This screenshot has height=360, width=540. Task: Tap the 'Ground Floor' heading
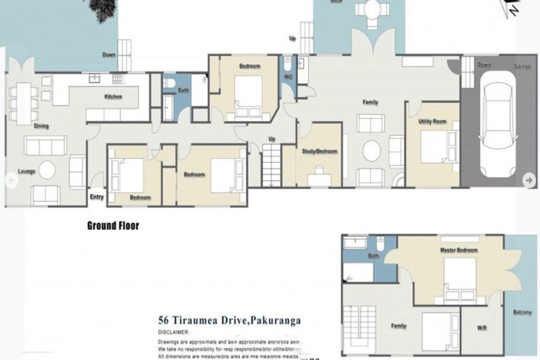(112, 226)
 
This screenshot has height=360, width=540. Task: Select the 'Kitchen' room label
(113, 96)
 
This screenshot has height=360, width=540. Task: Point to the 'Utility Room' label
(432, 122)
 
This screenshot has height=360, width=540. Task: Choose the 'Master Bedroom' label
(458, 250)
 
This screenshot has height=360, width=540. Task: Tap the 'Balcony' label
(522, 312)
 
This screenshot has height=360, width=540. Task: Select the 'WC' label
(288, 77)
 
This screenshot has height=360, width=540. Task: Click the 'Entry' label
(96, 197)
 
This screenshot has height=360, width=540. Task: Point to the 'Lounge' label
(27, 172)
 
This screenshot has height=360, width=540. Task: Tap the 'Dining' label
(41, 126)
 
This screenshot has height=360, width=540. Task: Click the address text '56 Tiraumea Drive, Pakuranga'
(230, 321)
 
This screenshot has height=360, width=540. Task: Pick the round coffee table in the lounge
(47, 170)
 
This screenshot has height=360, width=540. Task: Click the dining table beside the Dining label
(24, 103)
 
